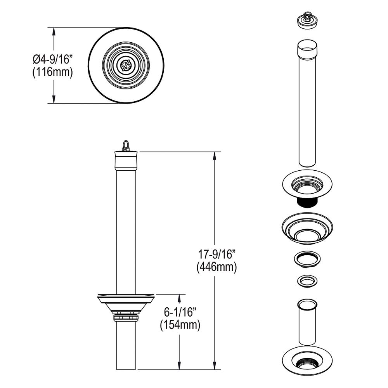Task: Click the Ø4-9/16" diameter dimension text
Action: (x=52, y=59)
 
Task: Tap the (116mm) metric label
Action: (x=52, y=73)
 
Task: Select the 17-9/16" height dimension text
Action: (x=217, y=254)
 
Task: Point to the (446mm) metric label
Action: (x=217, y=267)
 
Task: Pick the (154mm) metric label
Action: (x=180, y=325)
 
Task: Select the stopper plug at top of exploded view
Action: (x=307, y=22)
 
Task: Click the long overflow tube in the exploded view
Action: (x=307, y=103)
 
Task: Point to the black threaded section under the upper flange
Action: (x=307, y=203)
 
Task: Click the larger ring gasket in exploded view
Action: (x=307, y=260)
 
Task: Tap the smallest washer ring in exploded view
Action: (x=307, y=281)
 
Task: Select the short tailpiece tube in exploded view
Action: (x=307, y=322)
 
